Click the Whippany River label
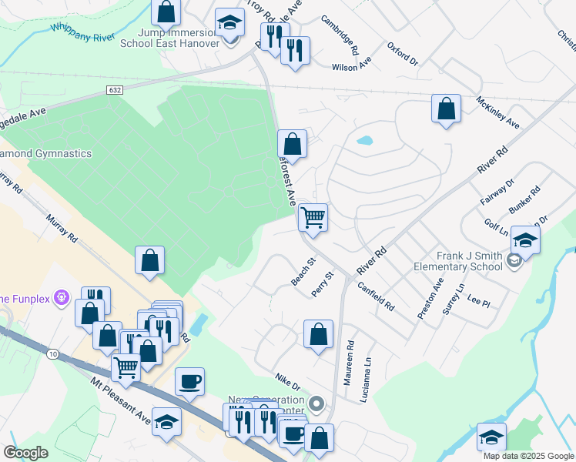tap(82, 30)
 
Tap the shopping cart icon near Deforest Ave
tap(313, 217)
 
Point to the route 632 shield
tap(115, 90)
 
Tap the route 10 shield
tap(51, 353)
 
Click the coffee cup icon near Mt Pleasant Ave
tap(189, 381)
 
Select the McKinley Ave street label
tap(497, 112)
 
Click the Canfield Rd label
tap(377, 296)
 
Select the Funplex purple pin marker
tap(63, 296)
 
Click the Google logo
tap(26, 454)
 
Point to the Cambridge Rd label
tap(340, 35)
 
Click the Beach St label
tap(303, 272)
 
